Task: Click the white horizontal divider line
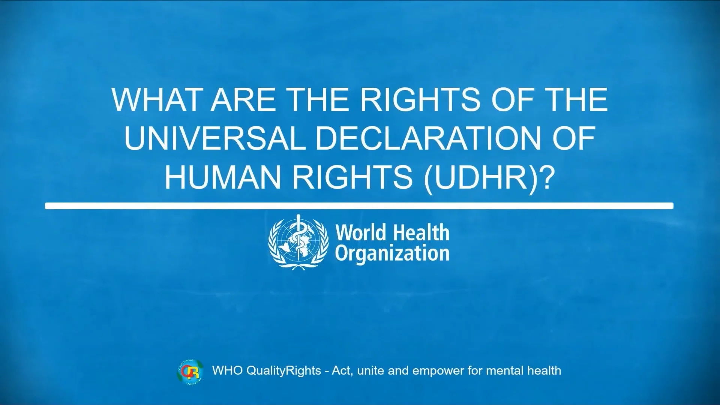[359, 205]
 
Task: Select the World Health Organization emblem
[298, 242]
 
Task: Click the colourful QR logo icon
[190, 371]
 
